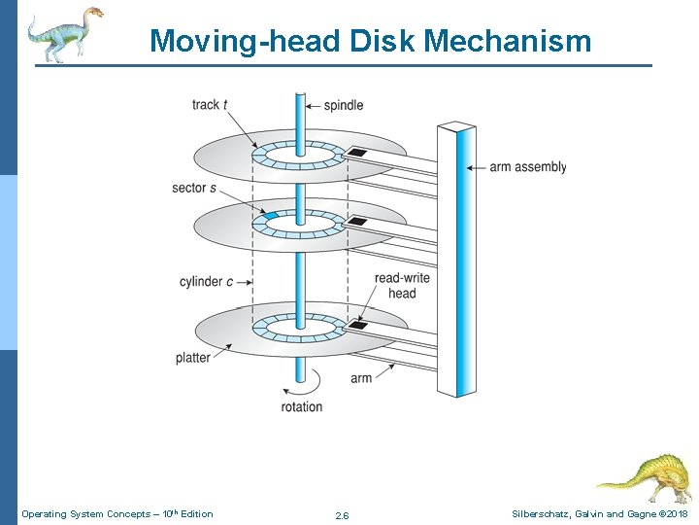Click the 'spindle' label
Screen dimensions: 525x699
(x=343, y=105)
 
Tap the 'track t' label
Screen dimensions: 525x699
(x=210, y=105)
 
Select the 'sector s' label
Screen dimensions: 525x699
(x=194, y=188)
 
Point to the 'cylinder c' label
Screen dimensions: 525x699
(x=206, y=282)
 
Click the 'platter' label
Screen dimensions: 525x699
(x=193, y=358)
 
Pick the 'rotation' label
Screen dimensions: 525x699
(x=301, y=406)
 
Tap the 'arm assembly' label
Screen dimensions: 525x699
(x=527, y=167)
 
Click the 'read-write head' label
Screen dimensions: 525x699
(x=402, y=286)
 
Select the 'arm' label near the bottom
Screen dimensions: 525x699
(x=361, y=377)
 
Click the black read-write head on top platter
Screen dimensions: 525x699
(x=356, y=153)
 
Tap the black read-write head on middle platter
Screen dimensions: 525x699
(x=357, y=222)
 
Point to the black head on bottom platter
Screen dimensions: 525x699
(x=357, y=325)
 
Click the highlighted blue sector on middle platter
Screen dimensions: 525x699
(x=271, y=215)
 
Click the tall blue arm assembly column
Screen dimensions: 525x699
(x=456, y=258)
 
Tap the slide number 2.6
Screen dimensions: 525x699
(x=342, y=515)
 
